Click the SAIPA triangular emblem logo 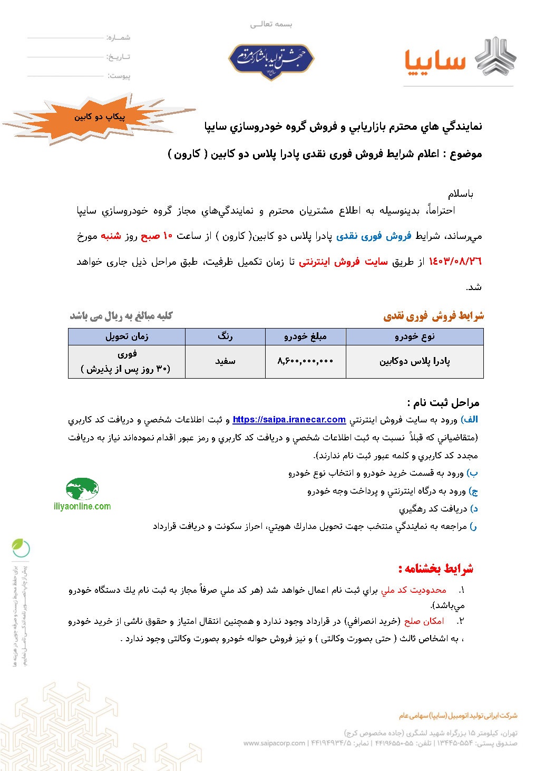pos(495,57)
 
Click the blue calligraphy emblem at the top pos(271,60)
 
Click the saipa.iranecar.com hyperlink pos(289,420)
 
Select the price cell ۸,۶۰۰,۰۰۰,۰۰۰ pos(305,361)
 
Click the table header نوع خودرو pos(414,336)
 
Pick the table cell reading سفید pos(225,361)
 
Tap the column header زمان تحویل pos(126,336)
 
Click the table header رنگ pos(225,336)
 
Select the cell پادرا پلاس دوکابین pos(414,361)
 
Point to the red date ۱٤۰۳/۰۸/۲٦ pos(455,262)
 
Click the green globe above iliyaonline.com pos(82,489)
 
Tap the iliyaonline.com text pos(82,507)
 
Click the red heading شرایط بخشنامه pos(436,568)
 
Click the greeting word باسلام pos(461,194)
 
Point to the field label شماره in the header pos(118,38)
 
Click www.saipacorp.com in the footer pos(274,743)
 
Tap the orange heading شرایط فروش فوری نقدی pos(433,316)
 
